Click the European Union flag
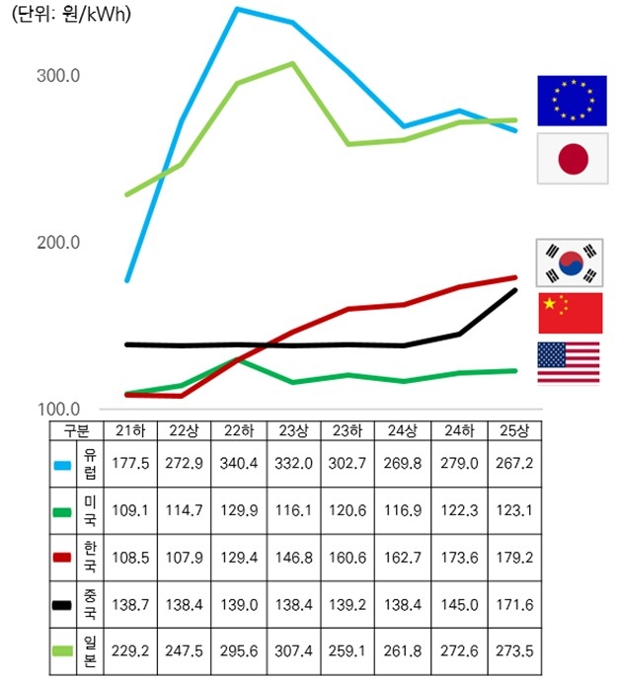click(572, 100)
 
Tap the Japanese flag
click(572, 158)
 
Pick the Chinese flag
click(570, 313)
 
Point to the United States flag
click(569, 362)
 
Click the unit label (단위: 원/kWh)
click(71, 17)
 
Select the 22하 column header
click(235, 431)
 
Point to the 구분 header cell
click(76, 431)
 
